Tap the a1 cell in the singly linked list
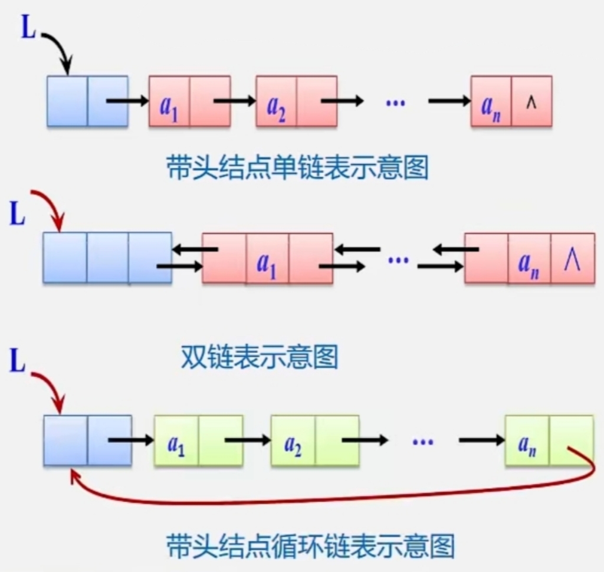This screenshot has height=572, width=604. click(169, 101)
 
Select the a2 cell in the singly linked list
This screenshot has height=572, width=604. click(275, 101)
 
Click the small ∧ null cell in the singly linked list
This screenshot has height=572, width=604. click(531, 101)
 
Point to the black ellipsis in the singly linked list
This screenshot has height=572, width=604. click(395, 102)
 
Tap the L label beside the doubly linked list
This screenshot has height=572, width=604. click(18, 214)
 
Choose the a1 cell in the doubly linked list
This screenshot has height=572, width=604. click(267, 259)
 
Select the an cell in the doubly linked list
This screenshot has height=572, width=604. click(529, 259)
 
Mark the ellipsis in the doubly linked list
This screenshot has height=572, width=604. click(399, 258)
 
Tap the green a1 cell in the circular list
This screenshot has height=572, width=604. click(176, 440)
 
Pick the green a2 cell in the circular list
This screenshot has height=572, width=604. click(293, 440)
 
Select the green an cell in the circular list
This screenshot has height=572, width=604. click(527, 440)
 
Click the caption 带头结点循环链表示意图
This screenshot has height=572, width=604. click(311, 545)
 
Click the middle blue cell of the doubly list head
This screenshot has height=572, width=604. click(107, 258)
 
